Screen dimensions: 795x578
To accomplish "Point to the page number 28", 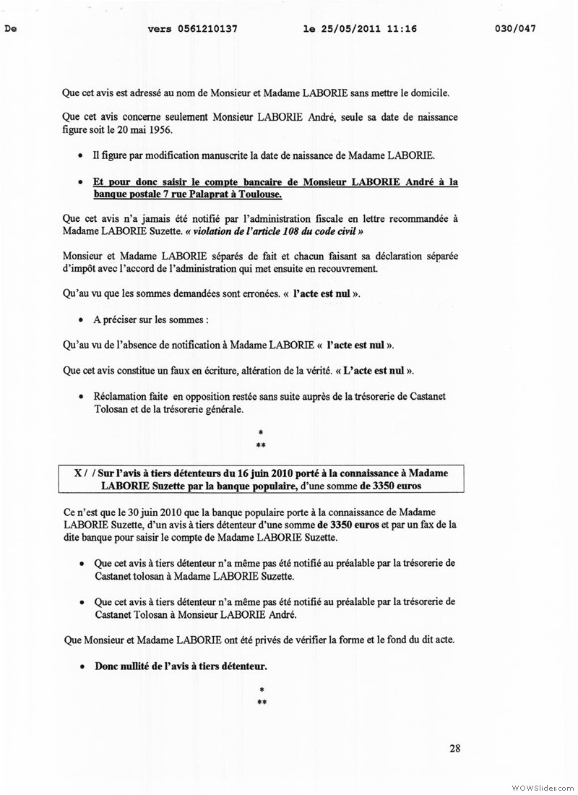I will coord(454,748).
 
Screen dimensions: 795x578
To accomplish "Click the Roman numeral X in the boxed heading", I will coord(77,473).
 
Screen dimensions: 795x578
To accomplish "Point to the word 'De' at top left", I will coord(10,29).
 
